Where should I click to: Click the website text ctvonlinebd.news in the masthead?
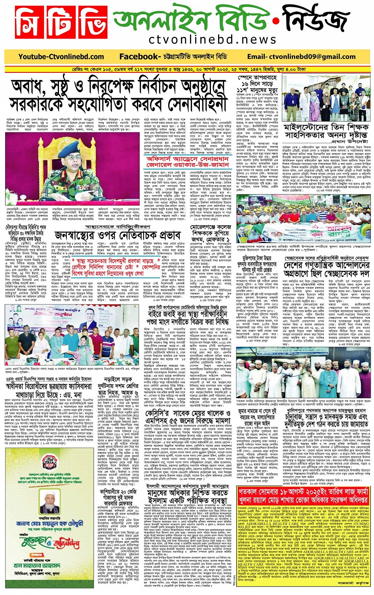(213, 40)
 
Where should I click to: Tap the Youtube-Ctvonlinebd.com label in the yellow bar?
(61, 57)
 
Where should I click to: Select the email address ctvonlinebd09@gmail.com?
(301, 57)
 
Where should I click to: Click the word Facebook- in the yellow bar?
(139, 57)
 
